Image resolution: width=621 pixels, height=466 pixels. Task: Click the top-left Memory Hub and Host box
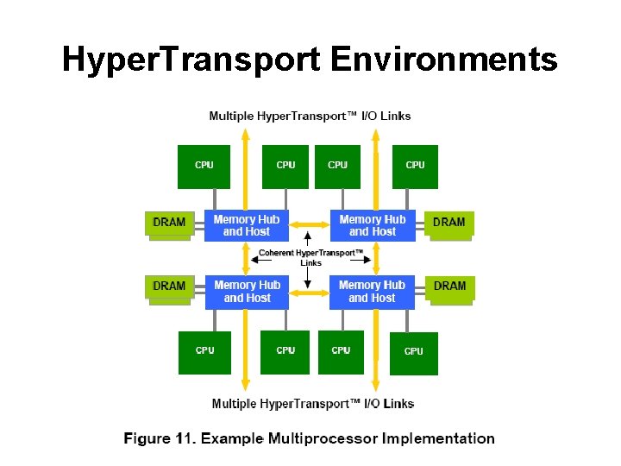[x=246, y=225]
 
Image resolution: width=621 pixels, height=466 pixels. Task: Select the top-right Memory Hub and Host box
[x=373, y=225]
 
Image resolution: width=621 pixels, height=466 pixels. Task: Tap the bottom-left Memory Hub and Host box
[x=247, y=292]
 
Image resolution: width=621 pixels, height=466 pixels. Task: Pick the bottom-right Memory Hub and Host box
[x=372, y=292]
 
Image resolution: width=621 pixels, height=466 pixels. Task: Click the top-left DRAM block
[x=169, y=223]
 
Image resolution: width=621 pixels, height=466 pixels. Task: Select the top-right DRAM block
[x=449, y=223]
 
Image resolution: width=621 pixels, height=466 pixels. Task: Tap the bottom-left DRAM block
[x=169, y=287]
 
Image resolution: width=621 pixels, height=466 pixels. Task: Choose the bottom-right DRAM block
[x=449, y=287]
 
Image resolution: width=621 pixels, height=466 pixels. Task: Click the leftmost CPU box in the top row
[x=204, y=167]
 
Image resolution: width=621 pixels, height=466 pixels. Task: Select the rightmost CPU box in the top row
[x=415, y=167]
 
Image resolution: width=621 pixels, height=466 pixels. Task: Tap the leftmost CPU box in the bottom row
[x=205, y=352]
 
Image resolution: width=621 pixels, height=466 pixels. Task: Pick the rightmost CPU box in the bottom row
[x=414, y=353]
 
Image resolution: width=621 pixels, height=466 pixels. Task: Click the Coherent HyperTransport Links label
[x=311, y=257]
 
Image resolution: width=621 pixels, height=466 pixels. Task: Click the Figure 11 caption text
[x=310, y=438]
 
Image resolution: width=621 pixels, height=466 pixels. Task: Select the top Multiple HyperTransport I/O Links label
[x=310, y=116]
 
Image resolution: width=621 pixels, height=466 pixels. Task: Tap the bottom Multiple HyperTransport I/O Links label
[x=313, y=403]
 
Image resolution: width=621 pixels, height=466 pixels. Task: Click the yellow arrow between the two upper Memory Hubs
[x=310, y=225]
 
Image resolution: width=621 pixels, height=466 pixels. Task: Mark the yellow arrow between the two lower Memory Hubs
[x=310, y=292]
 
